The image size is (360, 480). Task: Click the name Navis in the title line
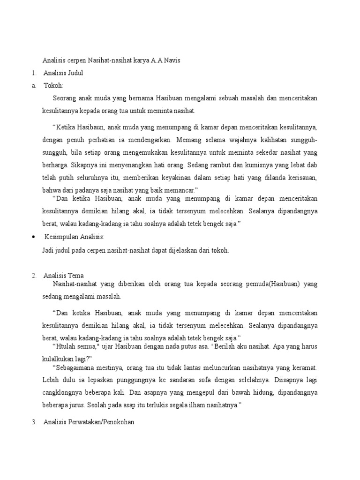(x=171, y=60)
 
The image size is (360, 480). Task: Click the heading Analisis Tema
(x=63, y=275)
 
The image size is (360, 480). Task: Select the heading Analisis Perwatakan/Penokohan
(x=89, y=422)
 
